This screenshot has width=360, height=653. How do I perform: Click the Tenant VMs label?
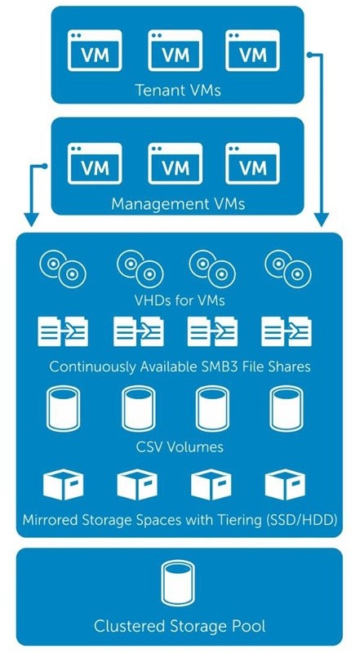coord(178,90)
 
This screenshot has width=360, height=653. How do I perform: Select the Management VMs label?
coord(178,204)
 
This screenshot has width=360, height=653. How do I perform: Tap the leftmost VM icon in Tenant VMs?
coord(95,51)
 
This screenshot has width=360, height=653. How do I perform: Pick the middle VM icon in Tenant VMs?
coord(175,51)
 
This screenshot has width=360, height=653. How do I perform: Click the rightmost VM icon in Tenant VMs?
coord(252,51)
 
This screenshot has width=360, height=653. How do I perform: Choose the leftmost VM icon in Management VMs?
coord(95,163)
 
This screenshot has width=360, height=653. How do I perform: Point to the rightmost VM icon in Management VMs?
coord(252,163)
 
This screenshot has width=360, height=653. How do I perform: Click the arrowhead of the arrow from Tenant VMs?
coord(322,220)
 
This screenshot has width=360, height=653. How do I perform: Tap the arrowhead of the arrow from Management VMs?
coord(31,220)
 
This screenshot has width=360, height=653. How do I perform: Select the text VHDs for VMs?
coord(180,300)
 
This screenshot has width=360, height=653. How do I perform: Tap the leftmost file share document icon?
coord(63,331)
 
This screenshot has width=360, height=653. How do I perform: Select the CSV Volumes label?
coord(180,447)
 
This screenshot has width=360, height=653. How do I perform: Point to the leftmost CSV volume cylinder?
coord(63,408)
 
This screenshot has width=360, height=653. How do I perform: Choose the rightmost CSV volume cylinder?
coord(287,408)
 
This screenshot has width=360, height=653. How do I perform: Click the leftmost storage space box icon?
coord(64,484)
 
